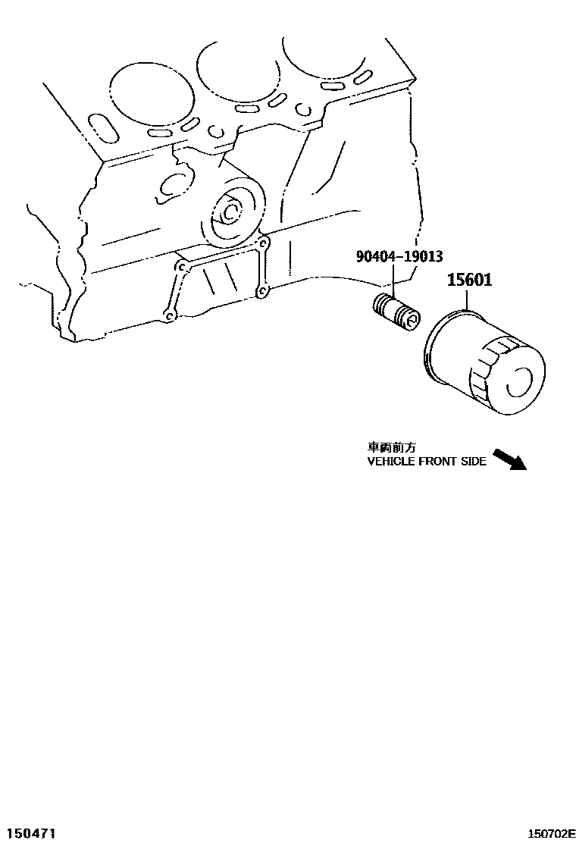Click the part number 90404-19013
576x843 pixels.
point(399,257)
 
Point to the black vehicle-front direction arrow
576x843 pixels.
point(509,459)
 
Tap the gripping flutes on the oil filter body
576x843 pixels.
point(485,371)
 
